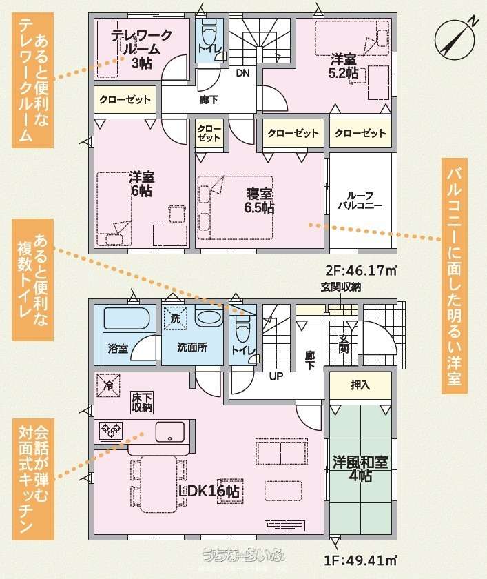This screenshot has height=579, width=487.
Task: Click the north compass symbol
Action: click(454, 39)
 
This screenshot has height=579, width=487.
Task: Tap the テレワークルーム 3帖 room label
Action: click(142, 49)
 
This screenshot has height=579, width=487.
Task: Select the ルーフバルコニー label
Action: click(360, 201)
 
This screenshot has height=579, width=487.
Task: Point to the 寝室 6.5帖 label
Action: click(259, 201)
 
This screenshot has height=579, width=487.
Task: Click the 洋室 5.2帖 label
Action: click(343, 66)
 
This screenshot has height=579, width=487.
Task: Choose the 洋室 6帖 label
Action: click(141, 184)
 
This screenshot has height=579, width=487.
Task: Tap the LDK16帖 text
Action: click(209, 491)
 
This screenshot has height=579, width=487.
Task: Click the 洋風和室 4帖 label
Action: click(360, 469)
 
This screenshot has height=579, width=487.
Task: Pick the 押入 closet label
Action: click(360, 385)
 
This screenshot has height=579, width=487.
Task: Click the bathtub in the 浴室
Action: click(127, 318)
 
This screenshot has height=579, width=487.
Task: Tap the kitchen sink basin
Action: click(170, 431)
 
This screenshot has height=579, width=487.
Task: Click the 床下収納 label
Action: click(142, 403)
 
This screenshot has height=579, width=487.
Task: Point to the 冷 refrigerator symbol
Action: click(108, 385)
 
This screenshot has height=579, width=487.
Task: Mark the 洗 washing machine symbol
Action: click(176, 318)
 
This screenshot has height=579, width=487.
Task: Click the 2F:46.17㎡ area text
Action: click(361, 270)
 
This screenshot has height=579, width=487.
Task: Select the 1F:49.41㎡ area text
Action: click(360, 560)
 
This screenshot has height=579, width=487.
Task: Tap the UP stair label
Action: click(276, 376)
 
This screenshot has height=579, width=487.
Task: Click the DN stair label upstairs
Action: click(242, 73)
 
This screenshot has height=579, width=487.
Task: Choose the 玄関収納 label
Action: click(340, 287)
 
